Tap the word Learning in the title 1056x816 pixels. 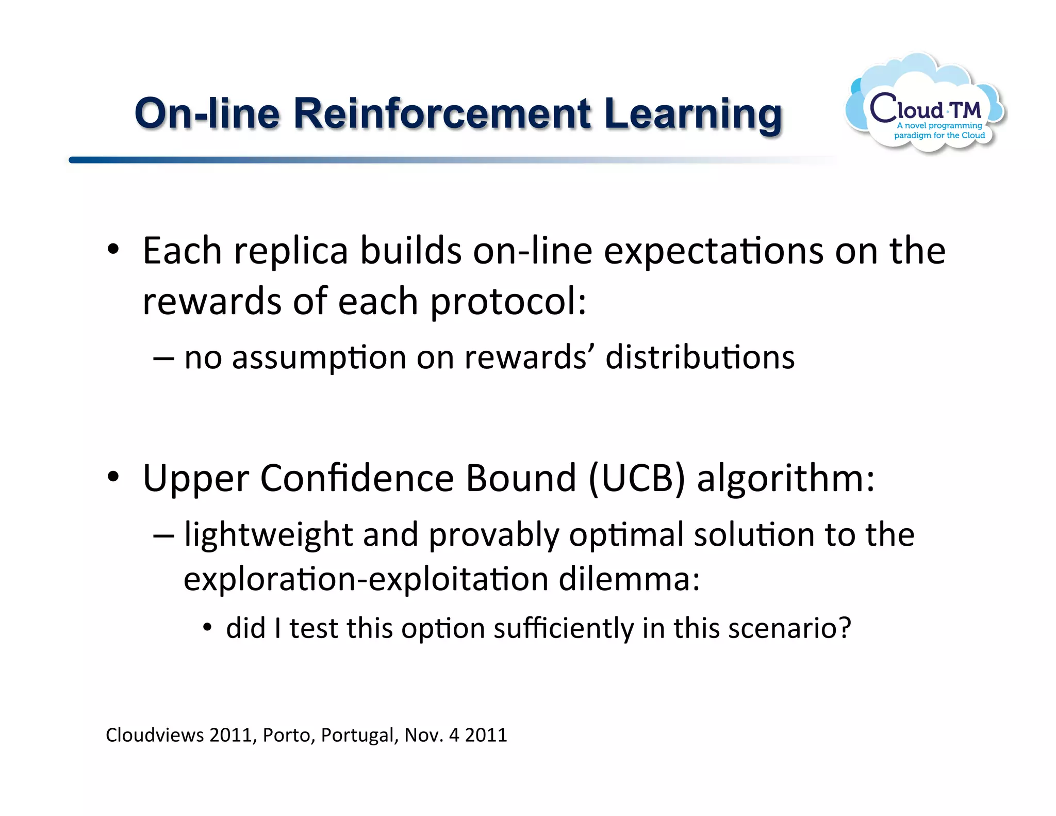click(692, 115)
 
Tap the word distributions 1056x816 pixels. click(700, 357)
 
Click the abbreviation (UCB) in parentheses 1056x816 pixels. click(637, 478)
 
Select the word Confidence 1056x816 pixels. click(357, 478)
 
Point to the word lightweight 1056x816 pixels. click(268, 534)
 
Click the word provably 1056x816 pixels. click(493, 534)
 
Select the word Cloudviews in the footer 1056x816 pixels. click(155, 735)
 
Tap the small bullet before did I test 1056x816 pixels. click(207, 628)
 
